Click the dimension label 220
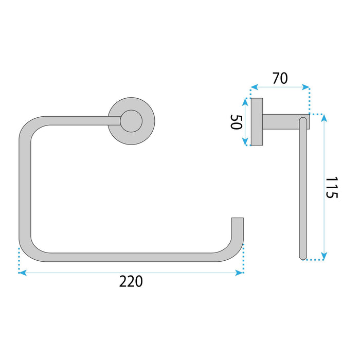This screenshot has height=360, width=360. click(x=131, y=282)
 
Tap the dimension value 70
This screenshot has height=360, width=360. click(x=280, y=78)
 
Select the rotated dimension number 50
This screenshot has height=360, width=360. click(x=236, y=122)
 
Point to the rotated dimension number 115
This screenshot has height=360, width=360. click(x=332, y=188)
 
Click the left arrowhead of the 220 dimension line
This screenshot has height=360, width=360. click(x=22, y=273)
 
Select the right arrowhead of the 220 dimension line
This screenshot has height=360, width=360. click(x=240, y=273)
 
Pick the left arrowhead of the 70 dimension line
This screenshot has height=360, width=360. click(x=253, y=87)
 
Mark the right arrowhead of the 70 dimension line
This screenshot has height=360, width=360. click(x=307, y=87)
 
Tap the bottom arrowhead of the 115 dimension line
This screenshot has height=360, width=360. click(x=323, y=256)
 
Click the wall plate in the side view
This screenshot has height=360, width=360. click(x=256, y=122)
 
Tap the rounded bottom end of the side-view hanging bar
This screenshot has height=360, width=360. click(x=302, y=255)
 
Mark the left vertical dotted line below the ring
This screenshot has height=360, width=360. click(x=19, y=260)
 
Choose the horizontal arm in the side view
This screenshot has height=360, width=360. click(x=280, y=121)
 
